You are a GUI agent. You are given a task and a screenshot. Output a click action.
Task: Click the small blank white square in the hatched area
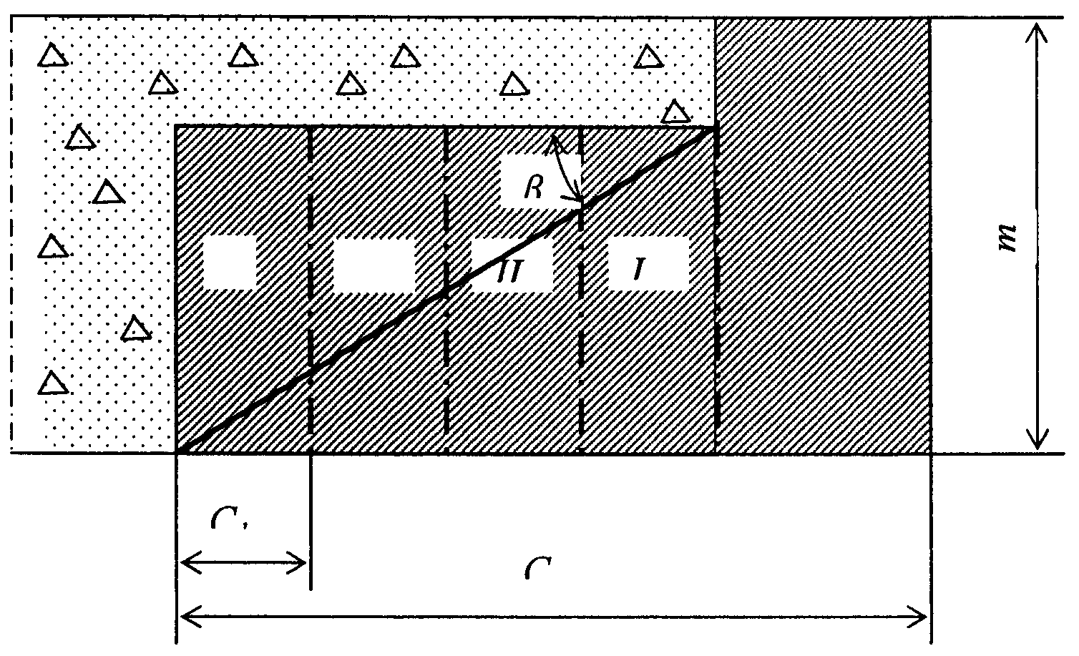point(230,263)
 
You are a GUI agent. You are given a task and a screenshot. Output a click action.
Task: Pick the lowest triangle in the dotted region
point(52,383)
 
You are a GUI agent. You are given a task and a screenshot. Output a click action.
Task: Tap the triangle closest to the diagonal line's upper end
point(675,112)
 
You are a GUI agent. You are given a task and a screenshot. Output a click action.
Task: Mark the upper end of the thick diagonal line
point(714,129)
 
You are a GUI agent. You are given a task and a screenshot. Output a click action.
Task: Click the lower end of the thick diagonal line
point(180,451)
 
